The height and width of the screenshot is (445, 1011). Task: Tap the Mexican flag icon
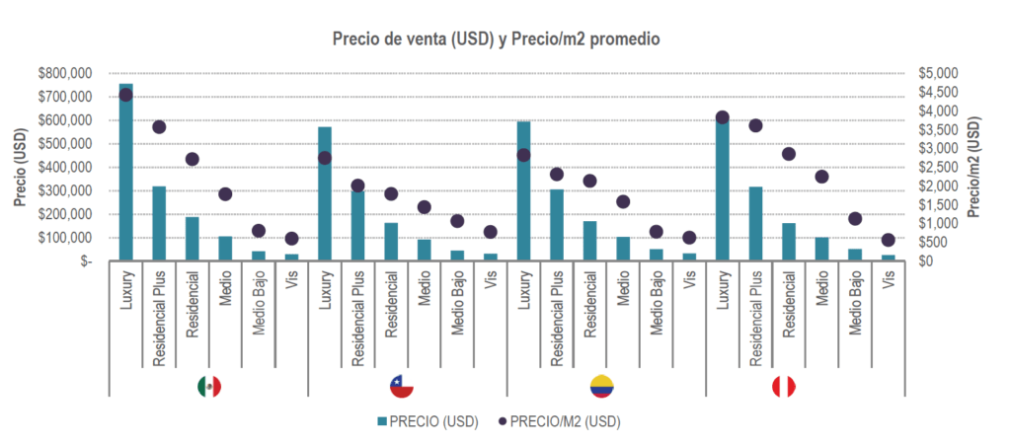[208, 387]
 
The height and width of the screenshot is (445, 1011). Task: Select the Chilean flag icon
[402, 387]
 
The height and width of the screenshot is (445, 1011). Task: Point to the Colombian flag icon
[600, 387]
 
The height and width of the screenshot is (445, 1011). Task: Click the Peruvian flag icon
[783, 387]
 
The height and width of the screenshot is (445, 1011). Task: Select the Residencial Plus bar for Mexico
[159, 224]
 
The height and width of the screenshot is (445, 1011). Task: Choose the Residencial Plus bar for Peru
[755, 224]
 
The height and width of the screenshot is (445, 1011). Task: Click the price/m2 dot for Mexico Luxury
[125, 95]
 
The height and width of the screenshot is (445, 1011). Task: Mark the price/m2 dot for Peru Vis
[888, 240]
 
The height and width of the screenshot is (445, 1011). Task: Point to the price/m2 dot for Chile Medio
[425, 207]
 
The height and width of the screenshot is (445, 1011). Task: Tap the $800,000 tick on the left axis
[64, 74]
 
